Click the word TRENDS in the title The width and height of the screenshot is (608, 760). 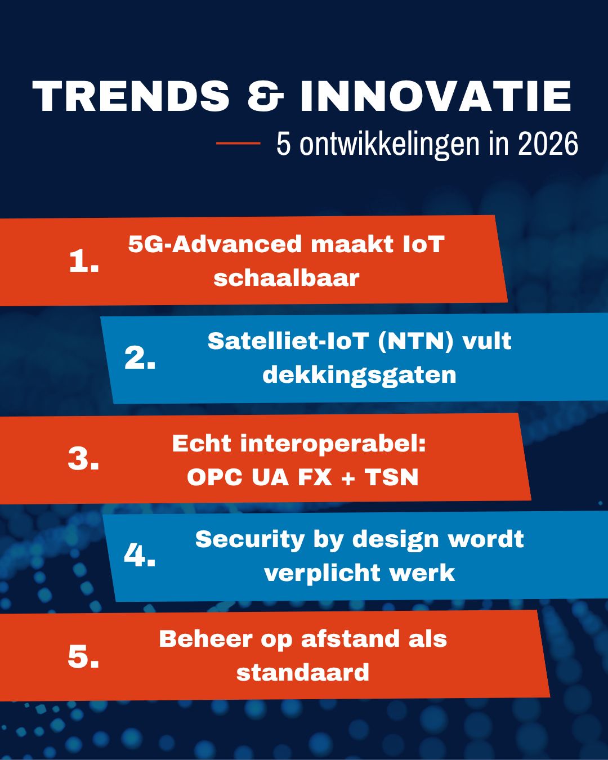131,96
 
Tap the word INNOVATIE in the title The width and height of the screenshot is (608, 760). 435,96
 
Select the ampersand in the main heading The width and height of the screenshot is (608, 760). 265,96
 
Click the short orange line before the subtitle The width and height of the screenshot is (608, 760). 238,144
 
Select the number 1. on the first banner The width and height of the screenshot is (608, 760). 84,261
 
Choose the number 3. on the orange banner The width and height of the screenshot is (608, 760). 83,459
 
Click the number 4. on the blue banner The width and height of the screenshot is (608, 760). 140,556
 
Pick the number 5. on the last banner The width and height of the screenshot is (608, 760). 83,656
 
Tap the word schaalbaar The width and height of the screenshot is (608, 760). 286,278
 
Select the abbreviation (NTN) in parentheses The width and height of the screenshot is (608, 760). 415,341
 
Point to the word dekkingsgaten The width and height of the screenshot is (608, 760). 359,375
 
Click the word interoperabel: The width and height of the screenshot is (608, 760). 333,444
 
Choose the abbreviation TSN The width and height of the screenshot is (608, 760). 392,477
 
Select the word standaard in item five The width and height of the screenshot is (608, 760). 303,673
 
